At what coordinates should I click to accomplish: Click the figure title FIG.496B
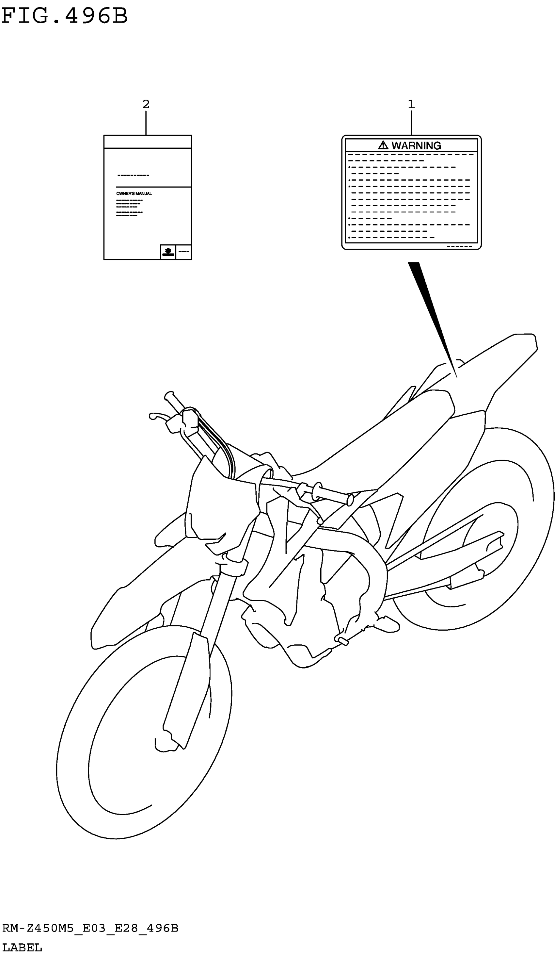[x=65, y=16]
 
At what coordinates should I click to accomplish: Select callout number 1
[x=411, y=104]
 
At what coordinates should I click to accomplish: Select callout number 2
[x=146, y=104]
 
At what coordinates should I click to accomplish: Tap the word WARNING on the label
[x=416, y=146]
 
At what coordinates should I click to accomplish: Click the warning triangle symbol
[x=383, y=145]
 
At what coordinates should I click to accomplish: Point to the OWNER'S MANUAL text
[x=134, y=193]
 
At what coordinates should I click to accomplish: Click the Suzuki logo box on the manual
[x=168, y=252]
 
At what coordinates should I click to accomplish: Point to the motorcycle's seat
[x=399, y=430]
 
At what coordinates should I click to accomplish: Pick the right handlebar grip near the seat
[x=332, y=495]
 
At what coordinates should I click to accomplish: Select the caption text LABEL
[x=22, y=947]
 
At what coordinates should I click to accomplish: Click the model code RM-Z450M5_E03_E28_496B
[x=90, y=928]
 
